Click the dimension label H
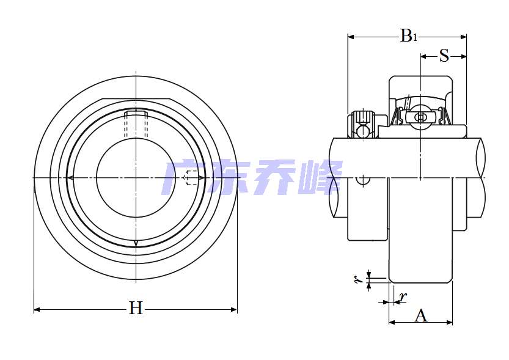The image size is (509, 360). click(135, 309)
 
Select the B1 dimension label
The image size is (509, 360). click(408, 37)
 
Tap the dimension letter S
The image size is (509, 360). click(444, 56)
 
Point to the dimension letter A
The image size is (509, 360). click(421, 316)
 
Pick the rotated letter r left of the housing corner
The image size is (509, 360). click(357, 280)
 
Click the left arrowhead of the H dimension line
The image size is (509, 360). click(37, 310)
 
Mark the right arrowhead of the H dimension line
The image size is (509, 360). click(233, 310)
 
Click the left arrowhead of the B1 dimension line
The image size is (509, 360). click(351, 37)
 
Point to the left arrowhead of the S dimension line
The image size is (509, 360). click(424, 57)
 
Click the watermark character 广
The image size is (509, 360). click(186, 177)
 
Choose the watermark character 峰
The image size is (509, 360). click(319, 177)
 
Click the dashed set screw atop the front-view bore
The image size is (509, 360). click(136, 124)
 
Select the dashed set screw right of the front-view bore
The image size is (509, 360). click(192, 178)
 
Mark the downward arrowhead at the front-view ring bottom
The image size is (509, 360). click(136, 244)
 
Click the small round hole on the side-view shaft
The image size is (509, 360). click(364, 180)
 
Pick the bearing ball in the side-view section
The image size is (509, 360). click(420, 117)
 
